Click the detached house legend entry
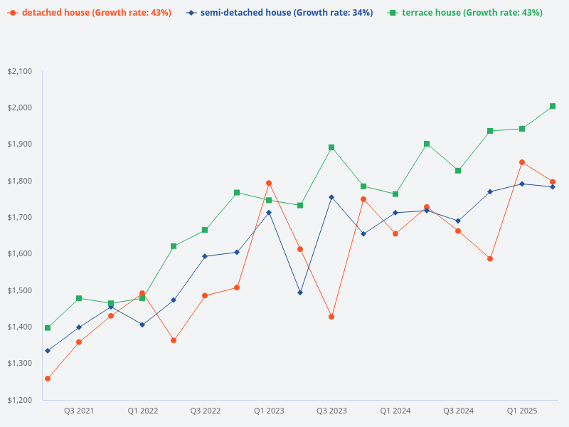[x=90, y=13]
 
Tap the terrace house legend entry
[x=465, y=13]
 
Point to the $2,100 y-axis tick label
[x=19, y=71]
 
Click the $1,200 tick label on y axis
[x=19, y=400]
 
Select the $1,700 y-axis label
[x=19, y=217]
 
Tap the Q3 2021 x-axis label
[x=79, y=411]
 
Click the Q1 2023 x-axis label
[x=269, y=411]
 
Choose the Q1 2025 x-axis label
[x=521, y=411]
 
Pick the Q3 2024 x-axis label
[x=458, y=411]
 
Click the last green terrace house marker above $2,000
[x=553, y=106]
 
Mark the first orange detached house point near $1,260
[x=48, y=379]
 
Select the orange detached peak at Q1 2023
[x=269, y=183]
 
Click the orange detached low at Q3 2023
[x=331, y=317]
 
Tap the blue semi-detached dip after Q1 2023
[x=300, y=292]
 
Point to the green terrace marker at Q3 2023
[x=331, y=147]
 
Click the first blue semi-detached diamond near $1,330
[x=48, y=351]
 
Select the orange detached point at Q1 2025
[x=521, y=162]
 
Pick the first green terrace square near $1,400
[x=48, y=328]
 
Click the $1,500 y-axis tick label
[x=19, y=290]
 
